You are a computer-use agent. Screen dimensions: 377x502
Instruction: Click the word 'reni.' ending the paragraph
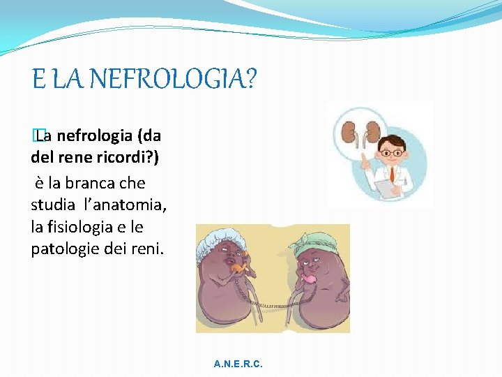[x=147, y=249]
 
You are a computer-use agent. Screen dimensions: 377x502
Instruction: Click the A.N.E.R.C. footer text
[x=238, y=364]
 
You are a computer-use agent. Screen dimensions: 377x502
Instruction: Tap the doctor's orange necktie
[x=392, y=174]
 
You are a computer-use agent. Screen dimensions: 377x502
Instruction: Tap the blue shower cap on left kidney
[x=222, y=242]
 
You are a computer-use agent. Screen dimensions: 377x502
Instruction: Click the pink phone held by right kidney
[x=307, y=280]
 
